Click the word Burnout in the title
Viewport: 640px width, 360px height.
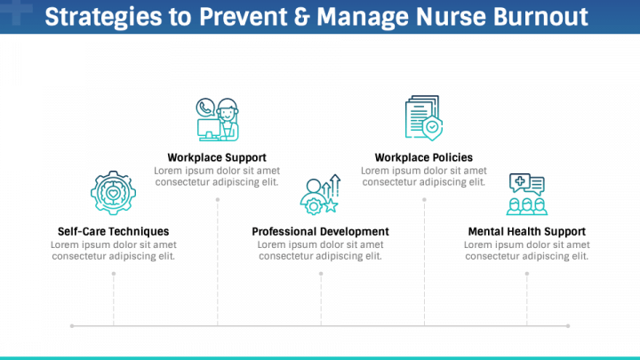point(540,17)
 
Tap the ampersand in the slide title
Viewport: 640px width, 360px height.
point(301,17)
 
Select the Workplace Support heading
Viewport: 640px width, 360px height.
point(217,157)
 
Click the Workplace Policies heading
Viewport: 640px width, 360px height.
point(424,157)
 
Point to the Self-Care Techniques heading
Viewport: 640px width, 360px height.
point(114,231)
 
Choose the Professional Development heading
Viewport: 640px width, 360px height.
point(320,231)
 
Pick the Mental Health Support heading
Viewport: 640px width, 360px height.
point(527,231)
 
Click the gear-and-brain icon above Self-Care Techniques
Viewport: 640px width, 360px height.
point(114,193)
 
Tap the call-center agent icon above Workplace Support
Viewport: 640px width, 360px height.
point(217,120)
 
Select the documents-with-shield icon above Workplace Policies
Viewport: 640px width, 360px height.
point(424,118)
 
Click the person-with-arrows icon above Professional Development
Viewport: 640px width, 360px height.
point(320,195)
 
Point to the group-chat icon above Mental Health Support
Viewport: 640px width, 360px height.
point(527,194)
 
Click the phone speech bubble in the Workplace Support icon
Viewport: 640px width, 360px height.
point(205,108)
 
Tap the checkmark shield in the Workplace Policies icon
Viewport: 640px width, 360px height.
point(433,128)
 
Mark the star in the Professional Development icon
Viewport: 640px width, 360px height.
point(331,205)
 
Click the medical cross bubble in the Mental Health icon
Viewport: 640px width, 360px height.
point(520,181)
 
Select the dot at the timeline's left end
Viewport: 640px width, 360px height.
point(72,325)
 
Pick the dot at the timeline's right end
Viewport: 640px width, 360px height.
point(568,325)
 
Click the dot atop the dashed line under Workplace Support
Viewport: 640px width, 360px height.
point(218,200)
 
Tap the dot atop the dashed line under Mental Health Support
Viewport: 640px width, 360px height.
point(527,274)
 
